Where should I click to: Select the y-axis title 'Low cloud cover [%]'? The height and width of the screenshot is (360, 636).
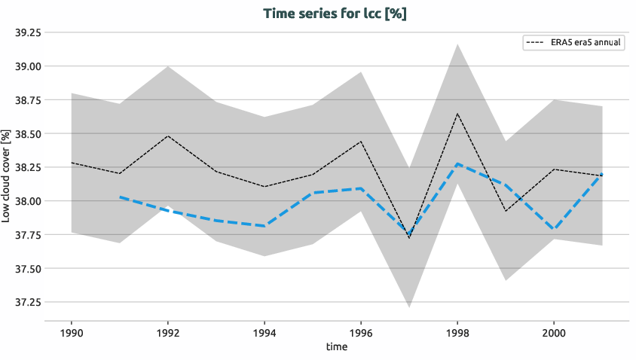tap(7, 176)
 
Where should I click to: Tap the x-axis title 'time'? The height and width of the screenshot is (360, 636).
tap(336, 347)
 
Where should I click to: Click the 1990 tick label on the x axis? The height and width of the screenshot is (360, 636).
tap(71, 333)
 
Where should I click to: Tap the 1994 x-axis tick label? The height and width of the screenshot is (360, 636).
tap(264, 333)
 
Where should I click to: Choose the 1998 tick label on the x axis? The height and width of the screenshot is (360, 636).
tap(457, 333)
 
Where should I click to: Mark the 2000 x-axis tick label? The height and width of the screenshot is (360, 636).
tap(554, 333)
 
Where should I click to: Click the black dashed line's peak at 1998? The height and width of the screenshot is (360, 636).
tap(457, 114)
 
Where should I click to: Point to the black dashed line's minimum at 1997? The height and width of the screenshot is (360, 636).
tap(409, 238)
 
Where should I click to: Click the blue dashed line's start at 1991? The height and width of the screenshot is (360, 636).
tap(119, 197)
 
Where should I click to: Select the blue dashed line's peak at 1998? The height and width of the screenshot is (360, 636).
tap(457, 163)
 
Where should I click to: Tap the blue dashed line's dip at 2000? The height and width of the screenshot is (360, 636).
tap(554, 229)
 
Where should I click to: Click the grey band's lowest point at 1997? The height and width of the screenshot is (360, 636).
tap(409, 307)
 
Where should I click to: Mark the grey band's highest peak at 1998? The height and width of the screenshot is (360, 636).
tap(457, 44)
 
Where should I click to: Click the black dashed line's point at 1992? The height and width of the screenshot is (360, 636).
tap(167, 136)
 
